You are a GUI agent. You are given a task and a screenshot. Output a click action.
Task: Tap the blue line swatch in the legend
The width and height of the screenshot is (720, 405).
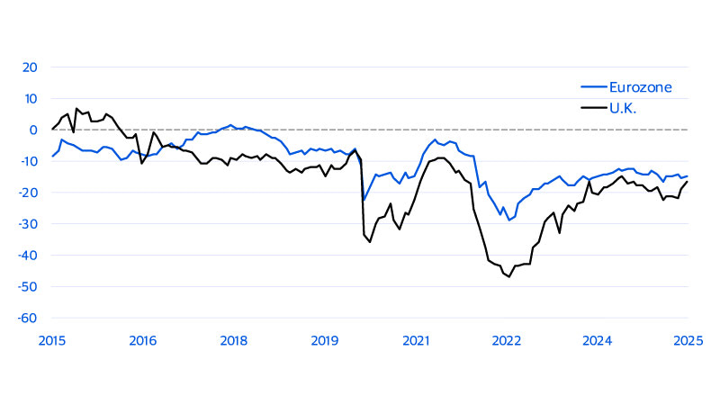click(589, 87)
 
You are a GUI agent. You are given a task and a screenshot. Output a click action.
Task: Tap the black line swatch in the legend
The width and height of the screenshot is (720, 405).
click(589, 107)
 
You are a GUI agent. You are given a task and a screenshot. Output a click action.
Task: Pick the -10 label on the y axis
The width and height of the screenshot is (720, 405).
click(27, 161)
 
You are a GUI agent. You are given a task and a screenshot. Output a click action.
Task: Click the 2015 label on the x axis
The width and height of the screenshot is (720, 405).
click(52, 340)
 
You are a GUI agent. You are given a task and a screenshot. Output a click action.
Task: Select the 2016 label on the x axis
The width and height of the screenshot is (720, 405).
click(143, 340)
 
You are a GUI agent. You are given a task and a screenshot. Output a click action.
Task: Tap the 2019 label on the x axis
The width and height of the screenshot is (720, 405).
click(325, 340)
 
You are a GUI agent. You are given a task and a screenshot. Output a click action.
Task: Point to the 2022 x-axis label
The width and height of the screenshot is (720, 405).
click(507, 340)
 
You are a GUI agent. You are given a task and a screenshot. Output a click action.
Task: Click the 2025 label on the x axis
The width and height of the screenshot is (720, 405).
click(688, 340)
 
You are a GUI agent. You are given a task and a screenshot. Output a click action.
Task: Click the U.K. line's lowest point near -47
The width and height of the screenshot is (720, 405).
click(508, 276)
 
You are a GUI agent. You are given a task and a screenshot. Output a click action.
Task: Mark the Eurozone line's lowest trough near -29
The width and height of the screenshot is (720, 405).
click(508, 220)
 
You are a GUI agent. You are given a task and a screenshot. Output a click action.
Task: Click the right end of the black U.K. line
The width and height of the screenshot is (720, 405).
click(688, 182)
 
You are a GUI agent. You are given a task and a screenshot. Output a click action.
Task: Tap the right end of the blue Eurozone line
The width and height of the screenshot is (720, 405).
click(688, 176)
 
